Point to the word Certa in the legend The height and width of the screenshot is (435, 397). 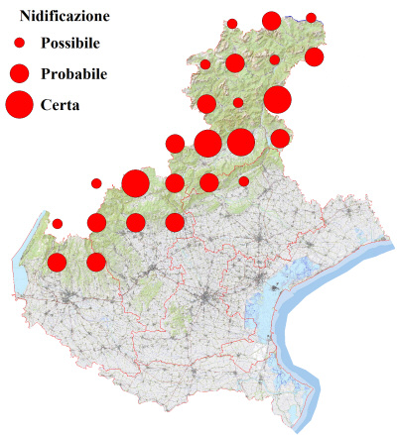[62, 103]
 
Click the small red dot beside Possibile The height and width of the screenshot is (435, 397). [20, 44]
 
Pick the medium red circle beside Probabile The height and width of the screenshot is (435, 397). [20, 73]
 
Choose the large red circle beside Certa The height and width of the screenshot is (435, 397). [20, 103]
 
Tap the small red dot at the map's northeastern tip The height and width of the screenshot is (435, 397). [311, 18]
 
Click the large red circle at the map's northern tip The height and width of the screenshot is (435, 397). [271, 21]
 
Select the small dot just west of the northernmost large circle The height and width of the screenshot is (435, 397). [232, 23]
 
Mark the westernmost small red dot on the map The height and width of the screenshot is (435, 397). [58, 224]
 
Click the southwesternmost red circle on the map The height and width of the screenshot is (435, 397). [57, 263]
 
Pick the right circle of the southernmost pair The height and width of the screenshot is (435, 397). [96, 263]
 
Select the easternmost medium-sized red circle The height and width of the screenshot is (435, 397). [314, 56]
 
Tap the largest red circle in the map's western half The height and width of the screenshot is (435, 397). [135, 183]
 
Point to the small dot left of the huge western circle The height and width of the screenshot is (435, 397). [96, 183]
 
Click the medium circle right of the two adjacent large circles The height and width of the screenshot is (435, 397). [280, 138]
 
